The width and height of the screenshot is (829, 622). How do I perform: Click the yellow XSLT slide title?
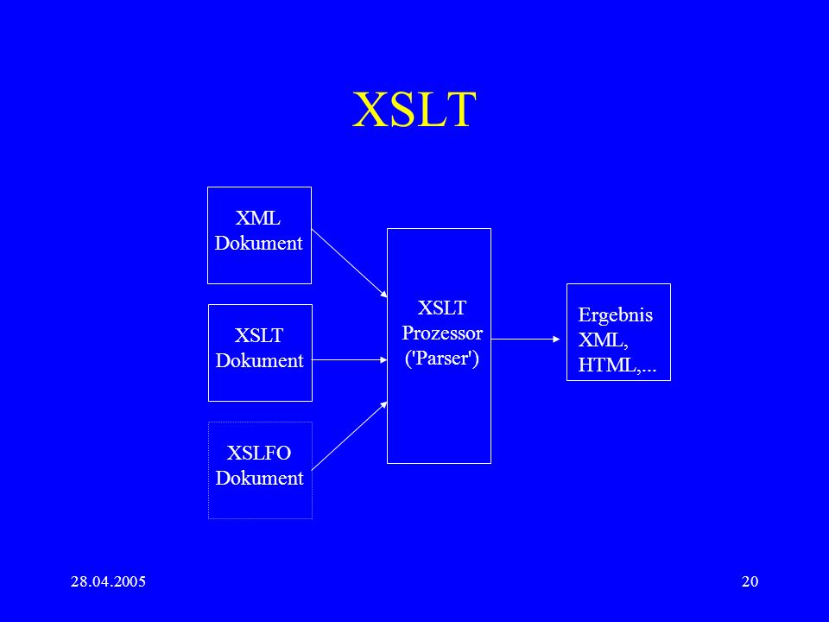(x=414, y=109)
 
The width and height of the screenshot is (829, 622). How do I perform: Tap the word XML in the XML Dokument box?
(x=258, y=218)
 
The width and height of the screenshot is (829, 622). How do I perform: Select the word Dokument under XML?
(x=258, y=243)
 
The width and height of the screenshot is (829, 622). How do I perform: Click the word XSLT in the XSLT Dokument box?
(x=259, y=335)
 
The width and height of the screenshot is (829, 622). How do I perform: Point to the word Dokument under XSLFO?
(x=260, y=478)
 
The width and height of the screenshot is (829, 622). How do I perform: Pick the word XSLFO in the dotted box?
(x=259, y=453)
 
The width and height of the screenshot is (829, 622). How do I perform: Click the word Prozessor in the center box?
(x=442, y=333)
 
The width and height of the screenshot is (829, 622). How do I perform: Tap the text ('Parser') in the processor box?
(x=442, y=358)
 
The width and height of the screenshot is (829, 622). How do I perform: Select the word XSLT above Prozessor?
(x=442, y=308)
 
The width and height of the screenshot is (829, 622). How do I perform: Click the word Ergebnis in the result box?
(x=616, y=315)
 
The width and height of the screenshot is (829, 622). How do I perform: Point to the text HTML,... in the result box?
(x=617, y=365)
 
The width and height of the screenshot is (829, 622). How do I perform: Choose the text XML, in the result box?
(x=604, y=340)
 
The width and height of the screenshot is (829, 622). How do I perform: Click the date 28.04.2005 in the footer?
(x=109, y=581)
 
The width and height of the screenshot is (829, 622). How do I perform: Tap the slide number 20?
(x=750, y=581)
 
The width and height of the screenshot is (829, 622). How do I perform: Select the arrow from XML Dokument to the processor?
(x=350, y=263)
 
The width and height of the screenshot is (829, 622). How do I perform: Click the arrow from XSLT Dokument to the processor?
(x=350, y=359)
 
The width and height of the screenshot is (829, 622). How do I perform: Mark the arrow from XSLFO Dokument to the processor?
(x=350, y=435)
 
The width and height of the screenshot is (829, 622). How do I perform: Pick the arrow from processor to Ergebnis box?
(x=526, y=339)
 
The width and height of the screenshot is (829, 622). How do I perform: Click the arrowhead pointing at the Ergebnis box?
(x=557, y=339)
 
